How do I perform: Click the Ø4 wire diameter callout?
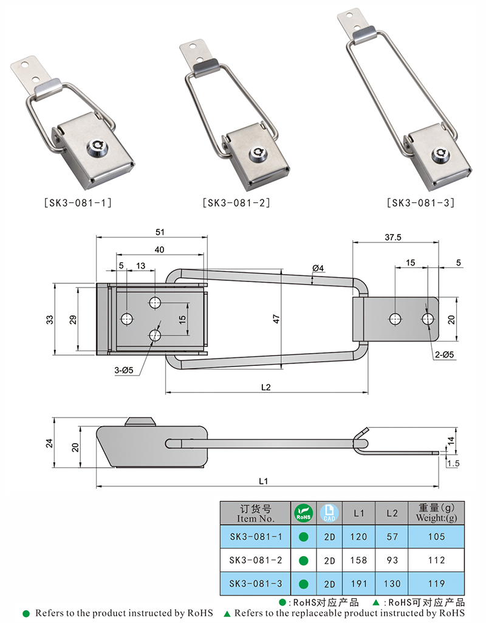point(318,268)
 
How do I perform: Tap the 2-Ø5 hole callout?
point(444,354)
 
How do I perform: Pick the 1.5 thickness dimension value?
point(453,463)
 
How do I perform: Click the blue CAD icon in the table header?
point(329,513)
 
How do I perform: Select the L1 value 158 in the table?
point(358,560)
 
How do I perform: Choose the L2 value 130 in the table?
point(392,583)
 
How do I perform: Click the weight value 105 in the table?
point(436,537)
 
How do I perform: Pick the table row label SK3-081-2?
point(256,560)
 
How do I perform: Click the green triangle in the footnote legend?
point(227,613)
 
